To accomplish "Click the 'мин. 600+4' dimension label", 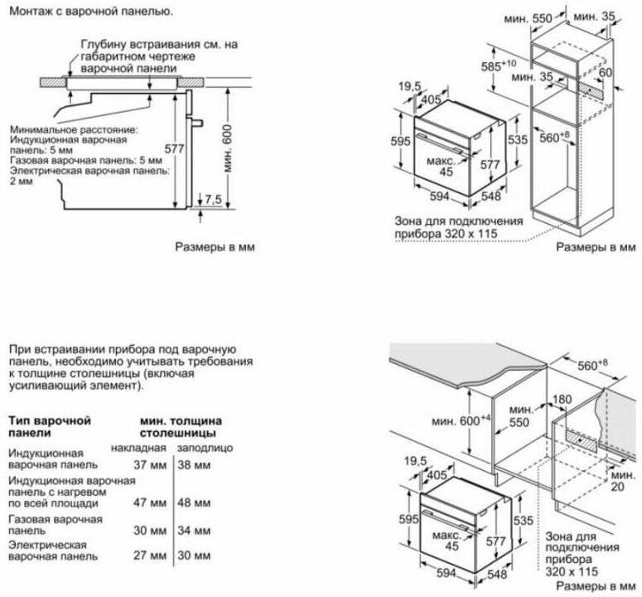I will (x=457, y=420).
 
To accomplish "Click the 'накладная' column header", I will (x=138, y=447).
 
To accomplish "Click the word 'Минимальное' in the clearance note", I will (x=44, y=130).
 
